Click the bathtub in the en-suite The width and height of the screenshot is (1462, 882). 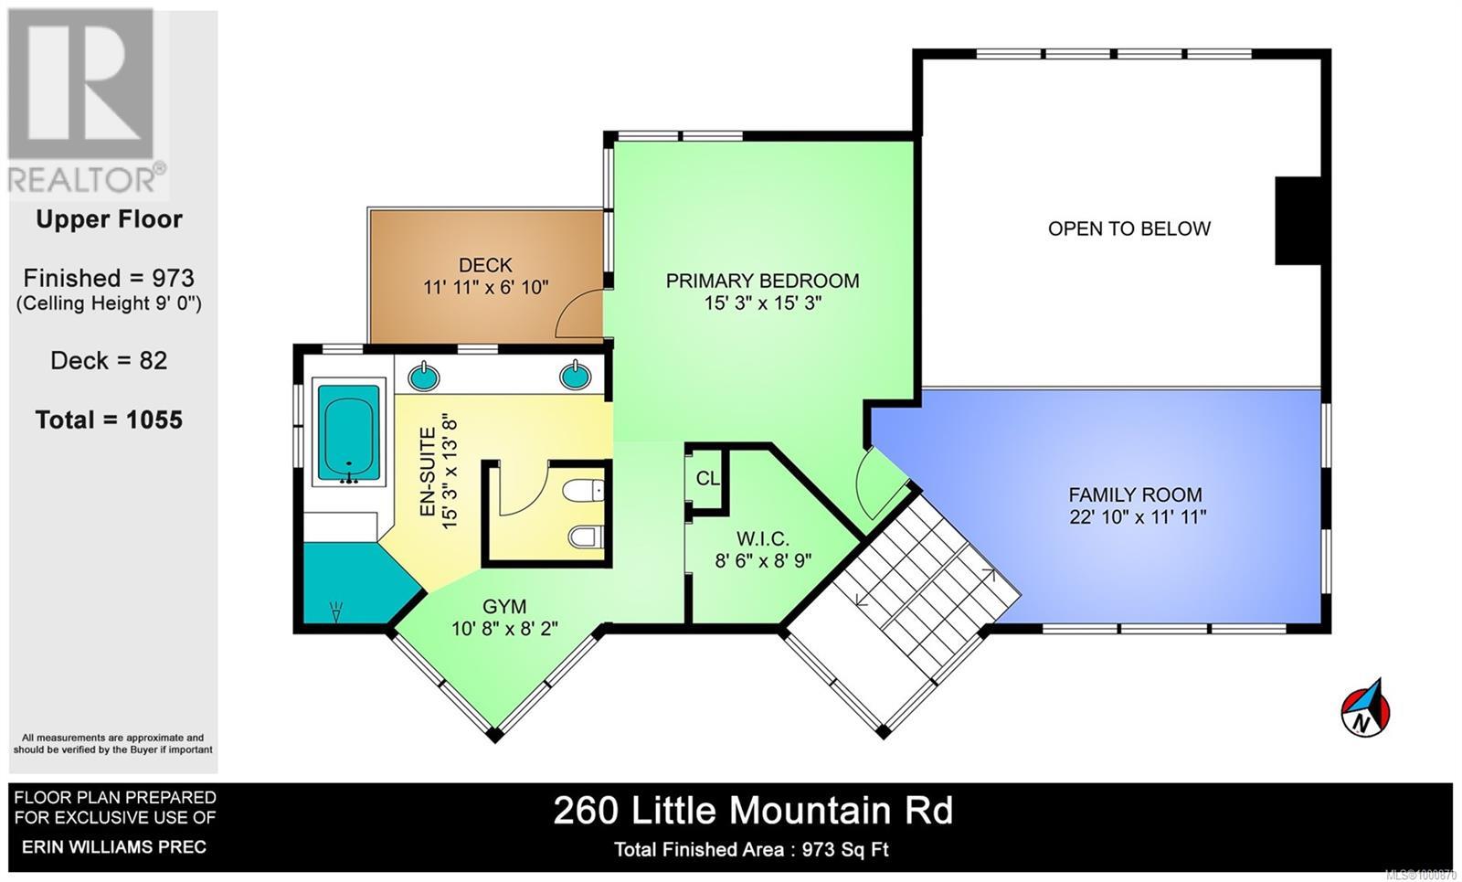pos(348,433)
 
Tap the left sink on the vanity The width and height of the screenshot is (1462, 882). pos(423,376)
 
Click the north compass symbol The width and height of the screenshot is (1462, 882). pos(1365,708)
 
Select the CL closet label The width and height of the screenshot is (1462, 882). pos(707,478)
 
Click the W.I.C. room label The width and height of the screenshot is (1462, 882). pos(763,539)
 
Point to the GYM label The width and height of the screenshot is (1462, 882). pos(504,606)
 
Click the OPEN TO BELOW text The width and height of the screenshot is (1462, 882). pos(1128,228)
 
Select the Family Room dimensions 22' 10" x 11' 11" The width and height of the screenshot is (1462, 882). pos(1138,517)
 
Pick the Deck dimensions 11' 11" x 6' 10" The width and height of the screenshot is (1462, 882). pos(485,287)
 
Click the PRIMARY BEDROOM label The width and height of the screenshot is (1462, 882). pos(762,281)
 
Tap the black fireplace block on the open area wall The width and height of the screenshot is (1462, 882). pos(1298,221)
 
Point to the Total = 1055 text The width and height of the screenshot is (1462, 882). pos(109,420)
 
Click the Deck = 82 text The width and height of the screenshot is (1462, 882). pos(109,360)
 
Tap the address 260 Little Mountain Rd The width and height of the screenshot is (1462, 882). pos(753,811)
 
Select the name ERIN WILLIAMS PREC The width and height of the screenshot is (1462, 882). pos(114,846)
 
